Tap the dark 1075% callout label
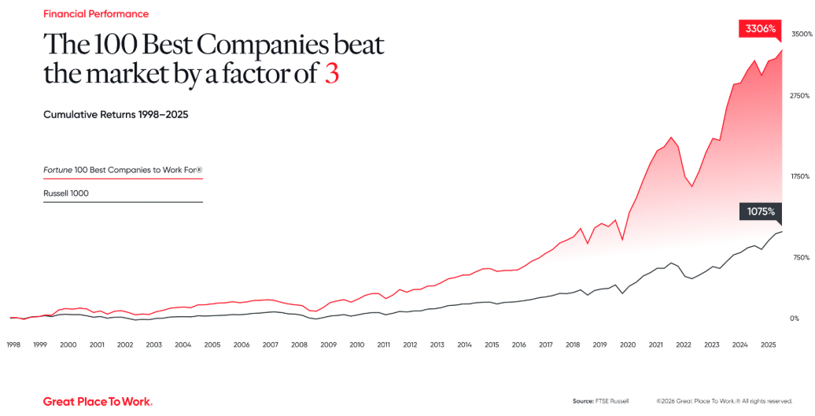click(x=760, y=212)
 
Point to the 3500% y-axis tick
click(x=802, y=35)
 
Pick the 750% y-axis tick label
click(x=801, y=257)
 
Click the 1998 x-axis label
click(x=13, y=344)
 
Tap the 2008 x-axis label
click(x=299, y=344)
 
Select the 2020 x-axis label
click(x=628, y=344)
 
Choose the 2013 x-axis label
click(x=437, y=344)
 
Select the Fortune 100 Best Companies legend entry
click(x=123, y=169)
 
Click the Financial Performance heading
click(x=96, y=14)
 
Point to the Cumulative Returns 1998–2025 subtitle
click(x=116, y=115)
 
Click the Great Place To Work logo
click(x=98, y=401)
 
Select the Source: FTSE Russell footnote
click(x=601, y=401)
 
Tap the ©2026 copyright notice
click(x=724, y=401)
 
